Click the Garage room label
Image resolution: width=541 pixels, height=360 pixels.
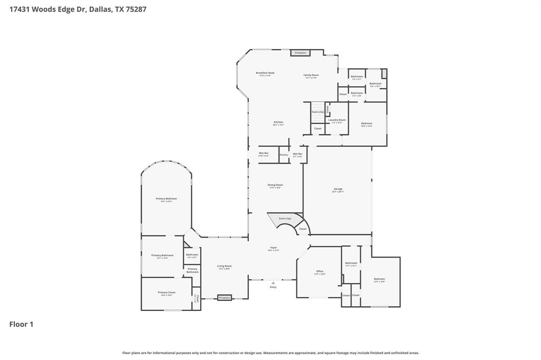[338, 190]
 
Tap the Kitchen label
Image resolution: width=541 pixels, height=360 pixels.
[278, 123]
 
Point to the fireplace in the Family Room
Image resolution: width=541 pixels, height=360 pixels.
[300, 53]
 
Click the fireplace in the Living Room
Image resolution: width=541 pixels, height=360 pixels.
[225, 298]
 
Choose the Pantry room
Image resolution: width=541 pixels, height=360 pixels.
[284, 155]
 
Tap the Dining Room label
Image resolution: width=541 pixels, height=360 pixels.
[276, 186]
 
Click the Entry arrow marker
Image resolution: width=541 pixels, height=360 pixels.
[273, 283]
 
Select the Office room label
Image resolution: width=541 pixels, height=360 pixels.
[320, 272]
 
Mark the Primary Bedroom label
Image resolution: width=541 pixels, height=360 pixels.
[166, 200]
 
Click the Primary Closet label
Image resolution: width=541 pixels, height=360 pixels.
[166, 293]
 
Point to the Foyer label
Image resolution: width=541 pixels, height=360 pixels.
[273, 248]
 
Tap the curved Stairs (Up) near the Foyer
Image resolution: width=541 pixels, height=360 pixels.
[285, 219]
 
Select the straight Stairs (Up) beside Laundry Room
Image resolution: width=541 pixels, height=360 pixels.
[318, 112]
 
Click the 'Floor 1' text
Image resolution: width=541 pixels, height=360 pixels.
[21, 324]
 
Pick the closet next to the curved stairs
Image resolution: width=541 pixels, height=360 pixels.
[303, 229]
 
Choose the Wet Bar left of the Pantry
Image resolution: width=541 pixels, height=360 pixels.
[264, 154]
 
